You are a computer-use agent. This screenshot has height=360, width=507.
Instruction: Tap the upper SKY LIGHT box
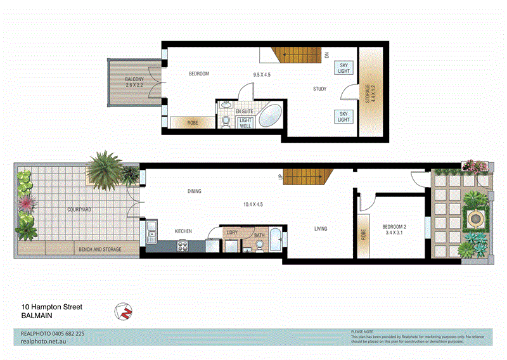(343, 68)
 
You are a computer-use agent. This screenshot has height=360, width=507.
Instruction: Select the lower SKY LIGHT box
(343, 116)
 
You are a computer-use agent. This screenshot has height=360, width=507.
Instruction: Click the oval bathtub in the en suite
(271, 117)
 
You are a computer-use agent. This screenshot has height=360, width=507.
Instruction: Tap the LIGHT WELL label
(245, 123)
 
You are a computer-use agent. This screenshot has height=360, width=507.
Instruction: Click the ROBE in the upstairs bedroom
(192, 122)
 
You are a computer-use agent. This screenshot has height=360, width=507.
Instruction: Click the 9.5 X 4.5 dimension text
(262, 75)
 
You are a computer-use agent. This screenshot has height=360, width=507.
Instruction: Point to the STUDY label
(319, 89)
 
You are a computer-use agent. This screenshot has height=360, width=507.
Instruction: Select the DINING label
(195, 191)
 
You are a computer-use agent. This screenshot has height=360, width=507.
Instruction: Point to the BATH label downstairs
(259, 236)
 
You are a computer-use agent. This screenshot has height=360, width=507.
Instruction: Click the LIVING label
(321, 229)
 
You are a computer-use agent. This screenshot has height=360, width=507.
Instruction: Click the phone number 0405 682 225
(63, 333)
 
